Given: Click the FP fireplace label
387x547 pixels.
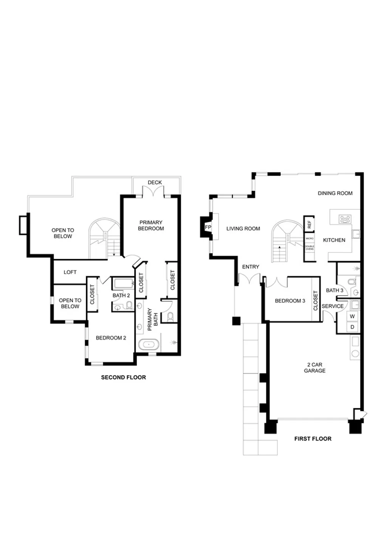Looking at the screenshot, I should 207,227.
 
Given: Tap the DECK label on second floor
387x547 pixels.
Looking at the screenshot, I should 155,182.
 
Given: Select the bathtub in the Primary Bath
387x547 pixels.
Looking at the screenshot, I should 149,345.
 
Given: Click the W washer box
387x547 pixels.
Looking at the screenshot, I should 352,316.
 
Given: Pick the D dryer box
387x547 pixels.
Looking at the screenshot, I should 352,327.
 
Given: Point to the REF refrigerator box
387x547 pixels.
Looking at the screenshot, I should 310,224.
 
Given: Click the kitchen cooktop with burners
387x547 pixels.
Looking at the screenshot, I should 345,219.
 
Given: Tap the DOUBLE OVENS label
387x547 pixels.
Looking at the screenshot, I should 310,248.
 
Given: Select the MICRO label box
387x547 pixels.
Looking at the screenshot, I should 310,239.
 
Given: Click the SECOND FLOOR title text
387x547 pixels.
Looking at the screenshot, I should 123,377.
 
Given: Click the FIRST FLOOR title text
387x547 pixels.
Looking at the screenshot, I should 313,439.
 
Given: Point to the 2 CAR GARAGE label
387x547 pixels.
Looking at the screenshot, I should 314,368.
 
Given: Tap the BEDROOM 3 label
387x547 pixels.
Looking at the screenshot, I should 290,301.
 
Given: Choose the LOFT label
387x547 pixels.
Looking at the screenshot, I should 70,272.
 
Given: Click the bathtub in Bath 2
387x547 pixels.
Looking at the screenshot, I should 124,284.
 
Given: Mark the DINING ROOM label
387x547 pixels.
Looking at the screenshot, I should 335,193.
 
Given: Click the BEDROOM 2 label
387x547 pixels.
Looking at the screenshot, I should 111,338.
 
